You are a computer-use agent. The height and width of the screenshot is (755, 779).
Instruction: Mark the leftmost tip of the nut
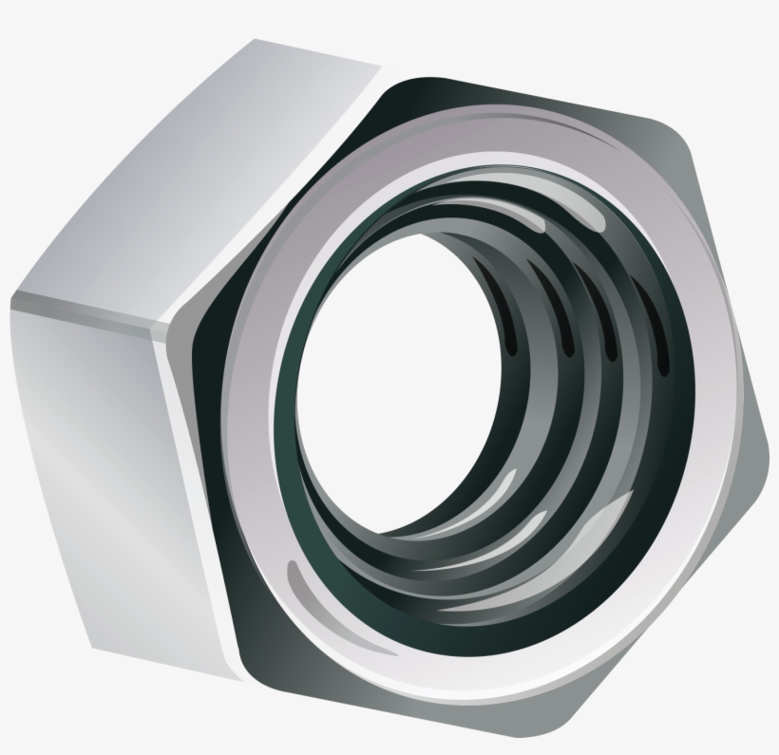[11, 304]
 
